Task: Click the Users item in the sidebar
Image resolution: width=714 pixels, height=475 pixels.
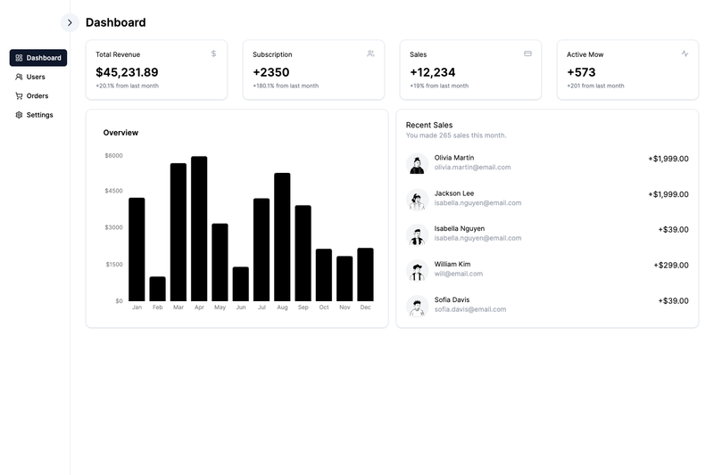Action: tap(30, 77)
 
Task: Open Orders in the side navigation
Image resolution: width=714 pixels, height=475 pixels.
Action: tap(32, 96)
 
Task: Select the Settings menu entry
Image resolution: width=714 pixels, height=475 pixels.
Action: tap(34, 115)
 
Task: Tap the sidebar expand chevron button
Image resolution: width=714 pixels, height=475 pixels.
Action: tap(70, 23)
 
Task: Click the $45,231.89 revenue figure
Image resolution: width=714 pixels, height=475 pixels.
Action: tap(127, 72)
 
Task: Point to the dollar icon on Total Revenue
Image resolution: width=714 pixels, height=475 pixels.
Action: tap(213, 53)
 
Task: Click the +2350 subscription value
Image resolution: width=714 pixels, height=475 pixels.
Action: tap(271, 72)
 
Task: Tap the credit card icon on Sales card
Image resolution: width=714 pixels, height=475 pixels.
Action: tap(527, 53)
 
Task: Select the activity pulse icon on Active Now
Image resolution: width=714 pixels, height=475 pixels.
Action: tap(685, 53)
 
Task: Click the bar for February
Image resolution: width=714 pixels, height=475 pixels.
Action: tap(158, 289)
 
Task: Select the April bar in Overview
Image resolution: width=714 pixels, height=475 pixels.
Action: tap(199, 229)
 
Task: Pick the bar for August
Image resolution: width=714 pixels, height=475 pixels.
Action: tap(282, 237)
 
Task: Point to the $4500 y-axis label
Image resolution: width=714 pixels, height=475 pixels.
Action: tap(114, 191)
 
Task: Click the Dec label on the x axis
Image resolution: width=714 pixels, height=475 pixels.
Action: tap(365, 307)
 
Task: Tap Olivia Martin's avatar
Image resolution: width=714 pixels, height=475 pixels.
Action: tap(417, 164)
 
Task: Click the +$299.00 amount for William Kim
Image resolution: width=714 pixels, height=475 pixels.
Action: tap(671, 265)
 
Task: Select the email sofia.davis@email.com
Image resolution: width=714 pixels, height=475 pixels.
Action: tap(470, 309)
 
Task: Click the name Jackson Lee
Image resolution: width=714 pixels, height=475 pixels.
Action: tap(454, 193)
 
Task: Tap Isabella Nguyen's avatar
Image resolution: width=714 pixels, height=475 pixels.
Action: tap(417, 235)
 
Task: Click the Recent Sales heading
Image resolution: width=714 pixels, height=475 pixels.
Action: tap(429, 125)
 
